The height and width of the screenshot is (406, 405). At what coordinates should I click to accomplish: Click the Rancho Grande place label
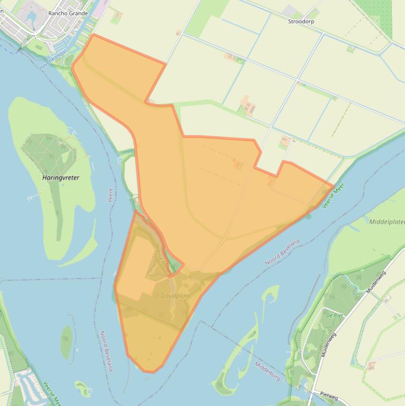point(68,13)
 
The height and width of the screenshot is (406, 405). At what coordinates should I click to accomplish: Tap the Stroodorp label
point(301,22)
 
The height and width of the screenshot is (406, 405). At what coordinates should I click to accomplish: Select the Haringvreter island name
point(61,178)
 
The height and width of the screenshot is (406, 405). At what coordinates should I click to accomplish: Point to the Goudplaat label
point(176,296)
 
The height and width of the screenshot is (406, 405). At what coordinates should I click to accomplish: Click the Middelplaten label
point(387,222)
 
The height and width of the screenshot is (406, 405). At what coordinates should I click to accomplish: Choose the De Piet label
point(334,315)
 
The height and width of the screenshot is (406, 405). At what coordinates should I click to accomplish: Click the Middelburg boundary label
point(267,372)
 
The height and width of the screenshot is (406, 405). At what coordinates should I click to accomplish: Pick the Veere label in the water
point(111,195)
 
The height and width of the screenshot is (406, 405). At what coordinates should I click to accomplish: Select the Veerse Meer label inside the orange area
point(162,255)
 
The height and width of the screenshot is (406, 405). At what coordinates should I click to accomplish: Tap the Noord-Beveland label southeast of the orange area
point(282,252)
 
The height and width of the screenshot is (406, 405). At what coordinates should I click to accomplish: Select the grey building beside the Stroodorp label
point(290,11)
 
